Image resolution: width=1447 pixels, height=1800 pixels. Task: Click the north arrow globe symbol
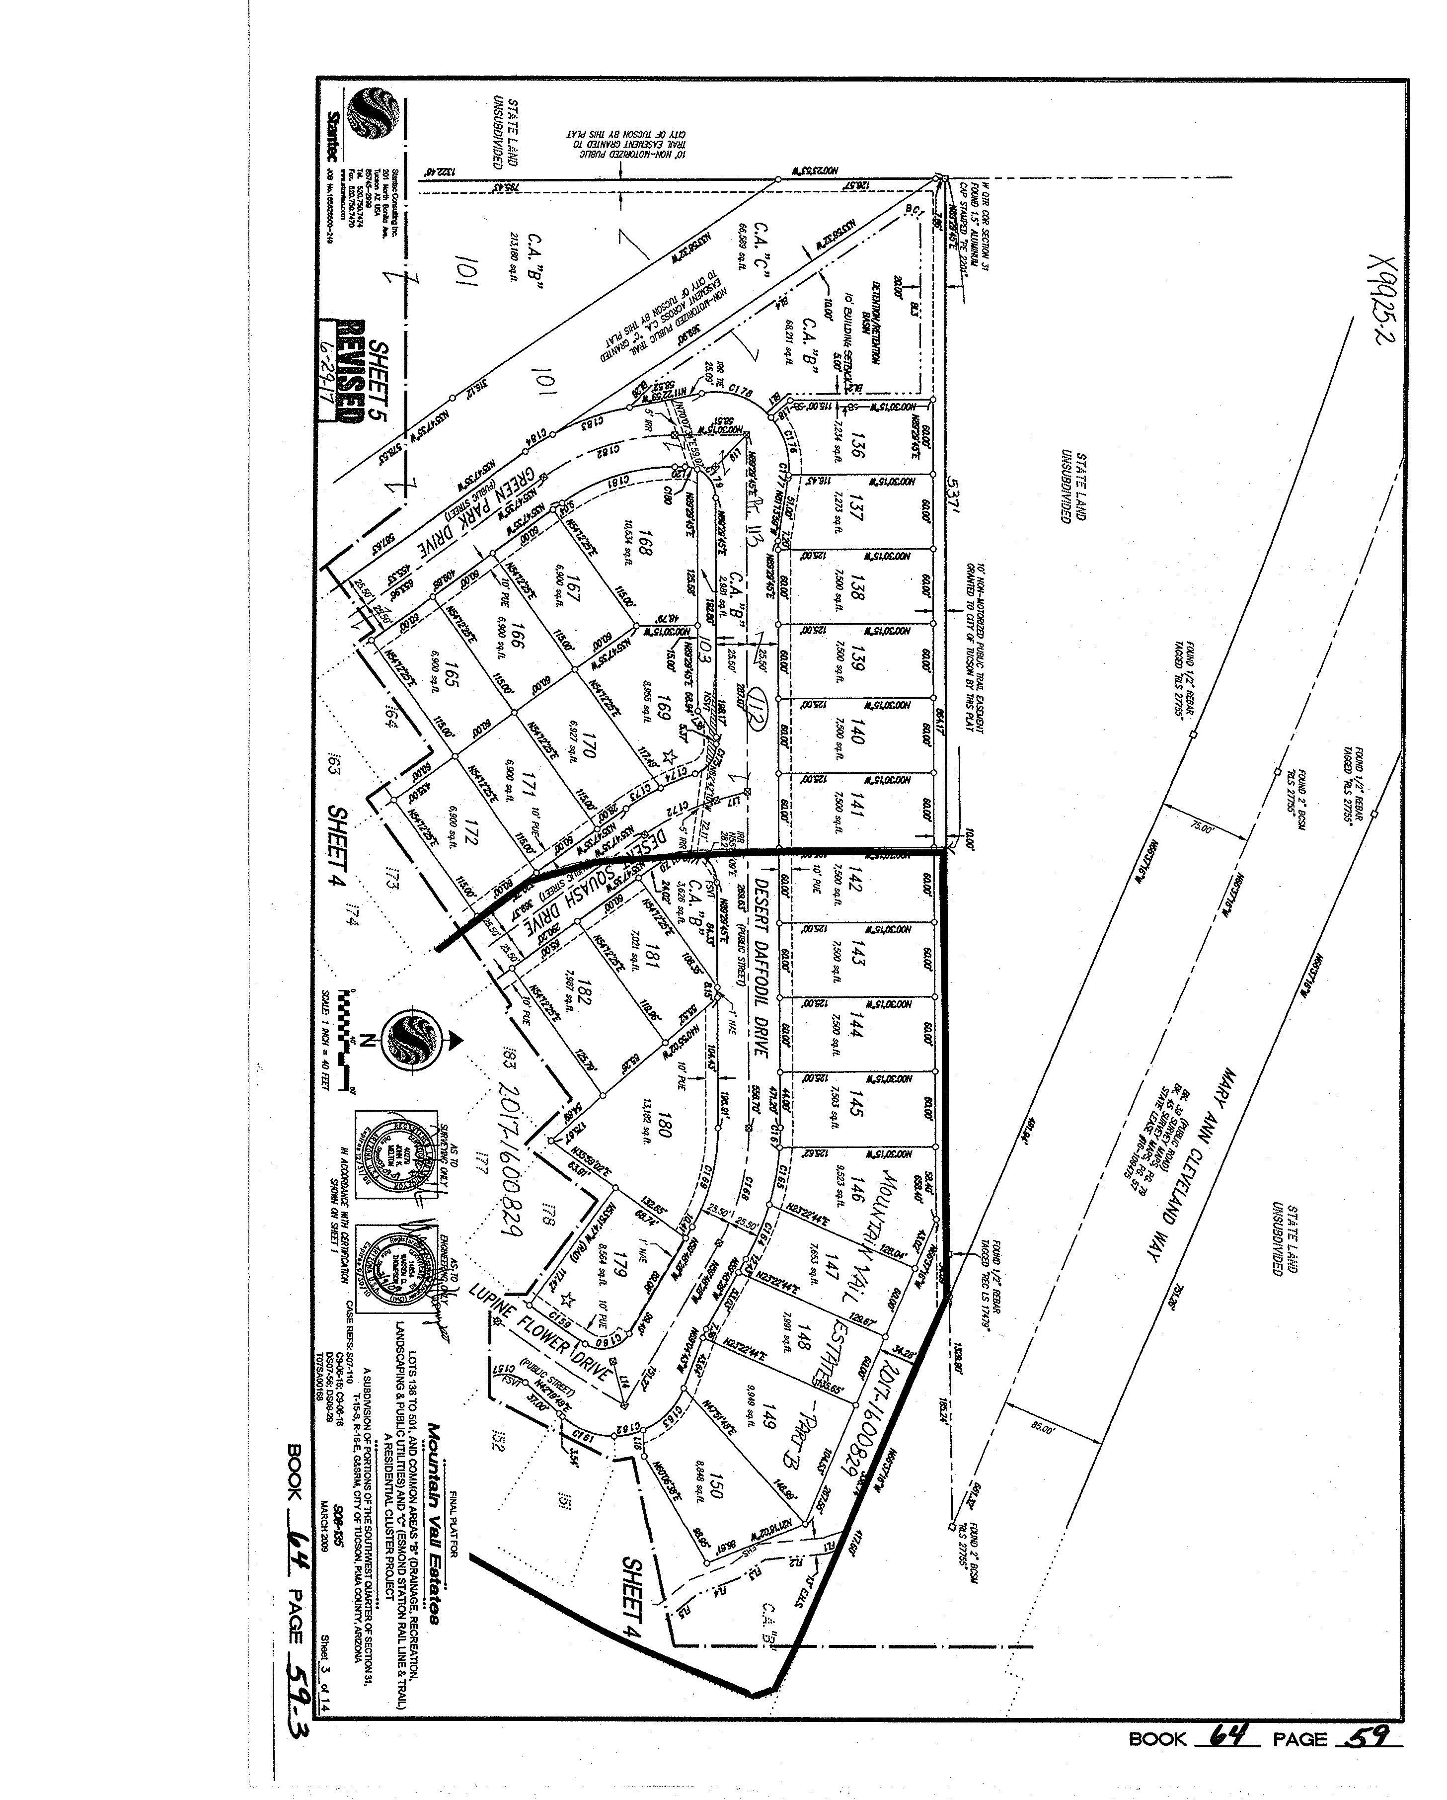(413, 1041)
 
